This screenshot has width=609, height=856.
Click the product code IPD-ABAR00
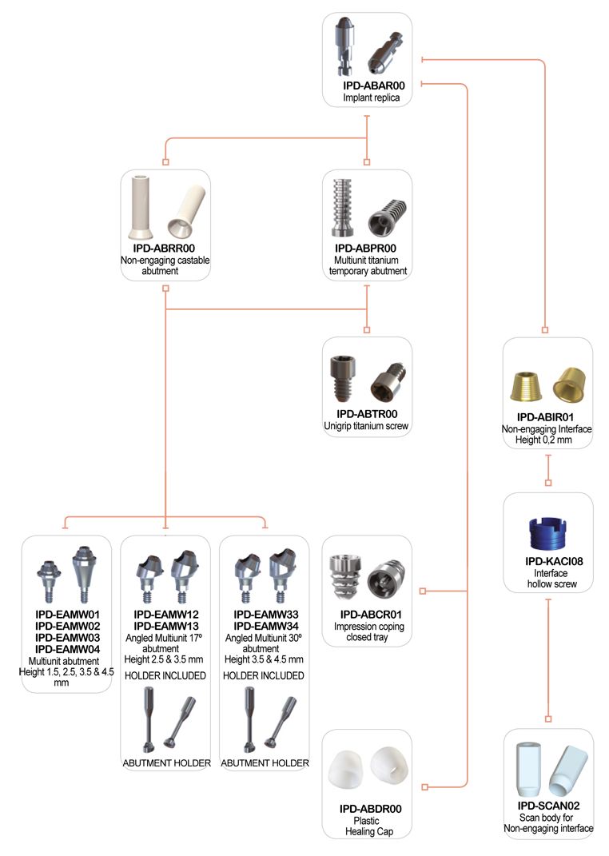click(374, 86)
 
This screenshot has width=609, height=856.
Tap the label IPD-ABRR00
click(164, 249)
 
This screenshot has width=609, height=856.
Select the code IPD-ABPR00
click(365, 249)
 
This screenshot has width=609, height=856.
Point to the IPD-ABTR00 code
click(367, 414)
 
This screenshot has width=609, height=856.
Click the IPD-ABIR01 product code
click(546, 418)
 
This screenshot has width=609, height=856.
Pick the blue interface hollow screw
click(548, 533)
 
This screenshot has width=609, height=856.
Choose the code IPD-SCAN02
click(548, 806)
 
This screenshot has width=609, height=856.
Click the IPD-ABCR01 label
click(371, 615)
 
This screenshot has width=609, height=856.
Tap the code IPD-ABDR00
click(371, 809)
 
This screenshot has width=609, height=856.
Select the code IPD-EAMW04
click(68, 649)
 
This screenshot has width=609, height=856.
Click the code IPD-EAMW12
click(166, 615)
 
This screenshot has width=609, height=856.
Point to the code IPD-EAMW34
click(266, 626)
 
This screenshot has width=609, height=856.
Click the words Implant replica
click(371, 98)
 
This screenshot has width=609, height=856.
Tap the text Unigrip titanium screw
click(366, 426)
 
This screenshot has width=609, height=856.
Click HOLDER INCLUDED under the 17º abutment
click(165, 676)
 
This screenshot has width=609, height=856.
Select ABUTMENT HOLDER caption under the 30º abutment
click(265, 763)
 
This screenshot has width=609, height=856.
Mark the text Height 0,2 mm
click(543, 440)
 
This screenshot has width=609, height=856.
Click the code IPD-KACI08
click(554, 561)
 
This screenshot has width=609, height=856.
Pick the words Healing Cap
click(369, 832)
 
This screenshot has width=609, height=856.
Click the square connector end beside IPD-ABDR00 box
click(425, 786)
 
